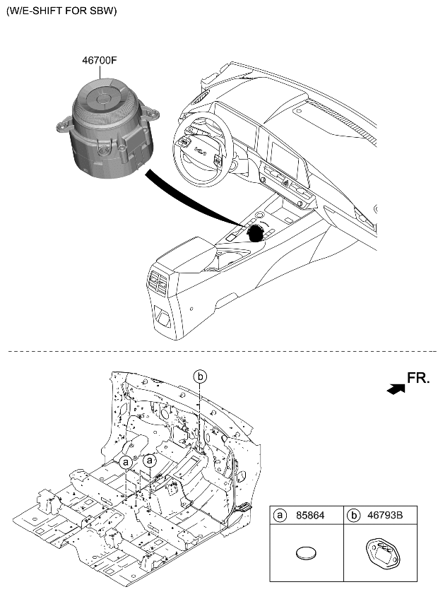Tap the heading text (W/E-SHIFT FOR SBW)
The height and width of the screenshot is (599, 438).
tap(61, 11)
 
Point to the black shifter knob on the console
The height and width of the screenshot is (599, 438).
tap(259, 231)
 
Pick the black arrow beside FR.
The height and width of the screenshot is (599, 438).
tap(396, 386)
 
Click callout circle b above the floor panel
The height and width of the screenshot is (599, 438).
tap(201, 376)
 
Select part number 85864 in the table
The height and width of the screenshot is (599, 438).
tap(310, 516)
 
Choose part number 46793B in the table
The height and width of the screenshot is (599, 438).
tap(385, 516)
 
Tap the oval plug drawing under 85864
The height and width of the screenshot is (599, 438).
tap(306, 554)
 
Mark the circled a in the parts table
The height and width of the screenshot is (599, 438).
tap(280, 516)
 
